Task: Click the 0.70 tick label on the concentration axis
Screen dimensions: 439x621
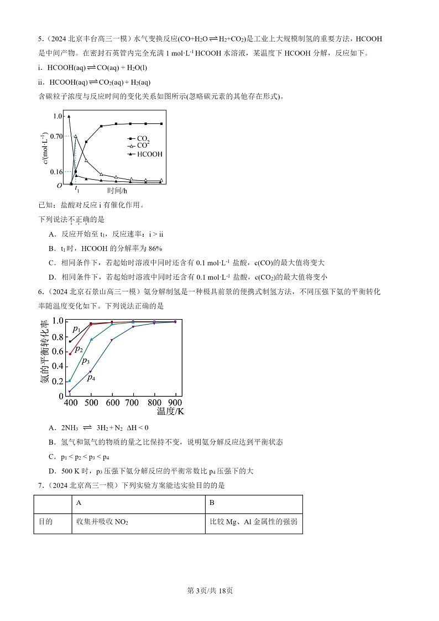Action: (56, 136)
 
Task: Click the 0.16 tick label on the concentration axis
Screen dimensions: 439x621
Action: (56, 172)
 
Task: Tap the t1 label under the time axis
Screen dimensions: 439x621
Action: (77, 189)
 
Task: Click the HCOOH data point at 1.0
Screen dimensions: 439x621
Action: (69, 116)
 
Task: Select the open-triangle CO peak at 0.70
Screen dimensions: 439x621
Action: (76, 136)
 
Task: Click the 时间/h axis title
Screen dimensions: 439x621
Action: (117, 191)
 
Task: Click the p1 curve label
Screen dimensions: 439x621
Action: (76, 329)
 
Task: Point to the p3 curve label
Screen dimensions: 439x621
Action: (86, 361)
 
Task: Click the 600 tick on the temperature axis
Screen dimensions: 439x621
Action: (112, 403)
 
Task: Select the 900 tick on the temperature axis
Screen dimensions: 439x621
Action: (175, 403)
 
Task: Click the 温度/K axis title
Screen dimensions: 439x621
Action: (170, 411)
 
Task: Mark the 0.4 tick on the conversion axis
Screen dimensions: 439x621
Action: (57, 366)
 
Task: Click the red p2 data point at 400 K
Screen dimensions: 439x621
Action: (70, 354)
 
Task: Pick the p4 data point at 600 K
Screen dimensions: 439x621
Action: (112, 340)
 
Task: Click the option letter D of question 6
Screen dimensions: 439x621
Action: (51, 471)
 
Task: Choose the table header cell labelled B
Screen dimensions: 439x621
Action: (212, 503)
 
